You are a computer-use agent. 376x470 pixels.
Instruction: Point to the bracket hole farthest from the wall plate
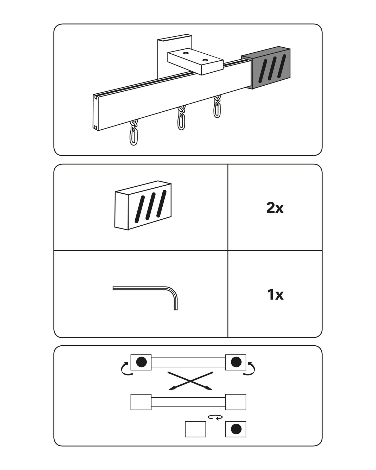[206, 61]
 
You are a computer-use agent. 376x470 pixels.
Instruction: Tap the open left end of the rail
[96, 112]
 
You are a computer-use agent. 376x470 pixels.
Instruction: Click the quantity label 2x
[275, 208]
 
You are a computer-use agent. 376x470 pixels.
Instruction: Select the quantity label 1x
[275, 295]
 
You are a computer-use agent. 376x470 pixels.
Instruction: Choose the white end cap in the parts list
[143, 205]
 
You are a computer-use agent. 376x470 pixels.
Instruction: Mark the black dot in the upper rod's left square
[142, 361]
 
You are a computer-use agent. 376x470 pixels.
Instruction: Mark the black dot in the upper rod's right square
[236, 361]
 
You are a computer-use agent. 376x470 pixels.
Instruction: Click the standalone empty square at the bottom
[195, 429]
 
